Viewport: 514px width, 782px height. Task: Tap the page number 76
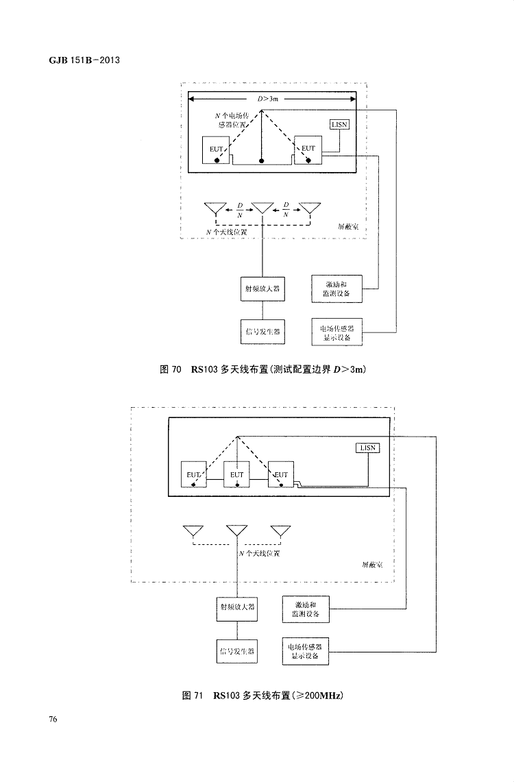click(x=53, y=719)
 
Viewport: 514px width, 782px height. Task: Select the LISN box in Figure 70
click(x=340, y=125)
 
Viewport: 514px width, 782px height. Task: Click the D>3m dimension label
click(x=268, y=99)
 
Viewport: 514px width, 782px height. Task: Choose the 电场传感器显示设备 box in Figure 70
click(x=336, y=332)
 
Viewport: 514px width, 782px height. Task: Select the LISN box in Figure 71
click(x=368, y=448)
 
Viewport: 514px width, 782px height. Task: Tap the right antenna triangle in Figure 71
click(x=280, y=531)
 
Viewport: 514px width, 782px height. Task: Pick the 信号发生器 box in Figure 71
click(x=236, y=651)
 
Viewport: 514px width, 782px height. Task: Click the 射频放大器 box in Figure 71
click(x=236, y=607)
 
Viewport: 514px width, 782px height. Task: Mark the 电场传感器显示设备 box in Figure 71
click(x=306, y=651)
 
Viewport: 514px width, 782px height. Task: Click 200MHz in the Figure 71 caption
click(x=321, y=696)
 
